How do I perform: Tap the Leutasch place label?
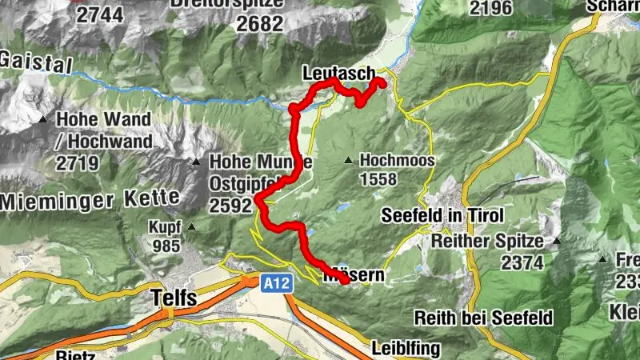[x=338, y=74]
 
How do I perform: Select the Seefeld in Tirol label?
[x=442, y=216]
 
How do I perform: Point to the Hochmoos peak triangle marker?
[x=348, y=161]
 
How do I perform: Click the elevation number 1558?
[x=378, y=179]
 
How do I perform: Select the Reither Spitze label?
[x=487, y=241]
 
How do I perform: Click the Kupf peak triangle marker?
[x=191, y=227]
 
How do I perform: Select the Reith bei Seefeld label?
[x=484, y=318]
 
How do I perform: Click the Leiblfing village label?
[x=405, y=349]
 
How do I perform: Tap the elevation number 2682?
[x=262, y=24]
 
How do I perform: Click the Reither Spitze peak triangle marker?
[x=557, y=241]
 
